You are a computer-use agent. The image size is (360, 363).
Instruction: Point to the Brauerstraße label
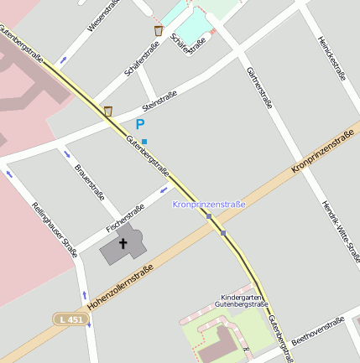click(89, 184)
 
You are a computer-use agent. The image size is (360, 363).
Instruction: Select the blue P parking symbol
click(140, 124)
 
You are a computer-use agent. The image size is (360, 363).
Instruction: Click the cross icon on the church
click(123, 245)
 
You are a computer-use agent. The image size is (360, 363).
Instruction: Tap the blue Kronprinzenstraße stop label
click(209, 204)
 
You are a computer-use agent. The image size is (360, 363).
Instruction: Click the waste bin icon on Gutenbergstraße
click(108, 111)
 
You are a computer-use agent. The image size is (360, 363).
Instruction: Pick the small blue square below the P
click(144, 141)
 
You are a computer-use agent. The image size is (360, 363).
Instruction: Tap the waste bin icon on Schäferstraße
click(159, 31)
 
